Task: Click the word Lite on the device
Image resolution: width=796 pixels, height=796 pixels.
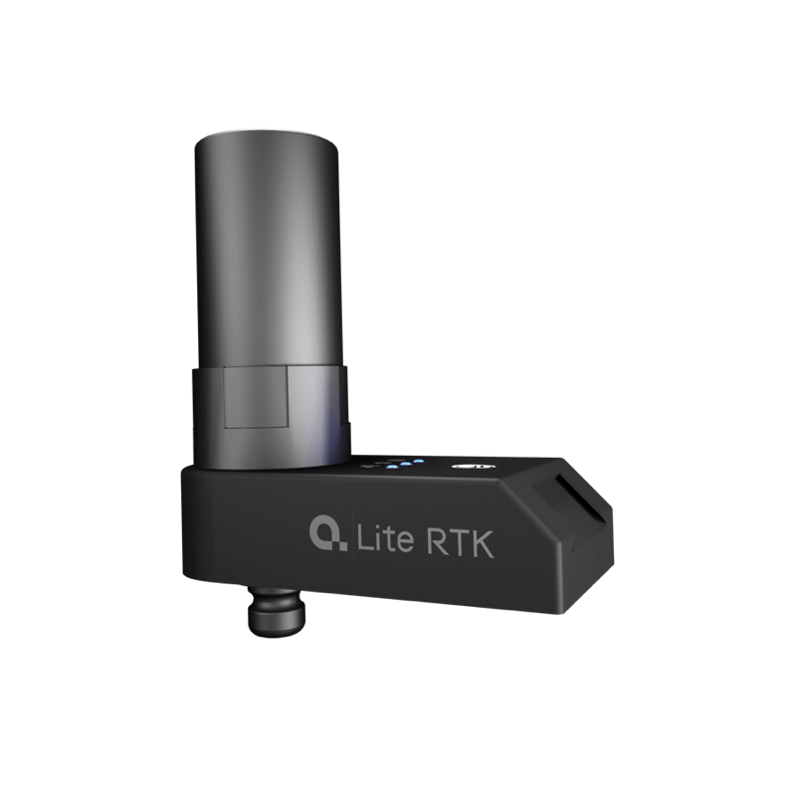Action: click(x=385, y=538)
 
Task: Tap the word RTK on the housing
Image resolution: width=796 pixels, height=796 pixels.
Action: click(x=461, y=543)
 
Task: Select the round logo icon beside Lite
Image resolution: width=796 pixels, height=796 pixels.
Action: click(x=328, y=533)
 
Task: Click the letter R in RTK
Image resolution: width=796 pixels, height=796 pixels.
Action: click(x=437, y=541)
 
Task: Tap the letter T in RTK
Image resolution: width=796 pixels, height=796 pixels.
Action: click(x=458, y=543)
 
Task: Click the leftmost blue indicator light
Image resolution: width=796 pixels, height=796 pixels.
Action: click(x=390, y=467)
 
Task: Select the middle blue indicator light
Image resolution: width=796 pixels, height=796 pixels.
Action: click(x=405, y=464)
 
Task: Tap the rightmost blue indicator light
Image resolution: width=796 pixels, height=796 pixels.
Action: click(x=418, y=461)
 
